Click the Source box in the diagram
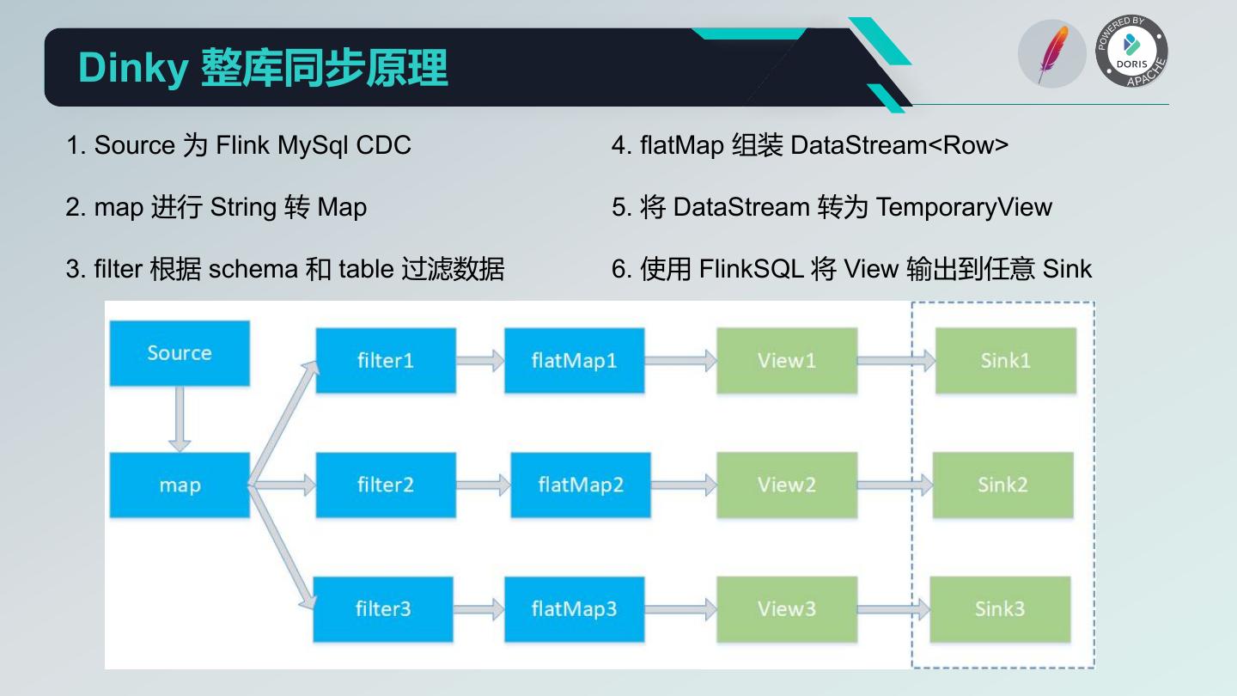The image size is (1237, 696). (180, 353)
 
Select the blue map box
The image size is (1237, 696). (180, 485)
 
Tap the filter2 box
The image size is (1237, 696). (386, 485)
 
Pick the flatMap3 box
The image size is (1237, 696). (574, 609)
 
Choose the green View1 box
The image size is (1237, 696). (787, 361)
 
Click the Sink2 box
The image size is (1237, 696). (1002, 485)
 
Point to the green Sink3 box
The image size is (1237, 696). (1000, 609)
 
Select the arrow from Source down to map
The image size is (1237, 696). (180, 418)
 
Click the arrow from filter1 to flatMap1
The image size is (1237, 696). (480, 361)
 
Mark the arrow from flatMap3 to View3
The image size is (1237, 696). (680, 609)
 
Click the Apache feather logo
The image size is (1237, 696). (1052, 54)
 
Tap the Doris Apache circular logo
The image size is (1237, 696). (1132, 52)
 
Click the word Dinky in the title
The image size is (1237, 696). (133, 68)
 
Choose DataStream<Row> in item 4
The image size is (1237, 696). (899, 145)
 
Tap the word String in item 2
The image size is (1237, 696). (244, 207)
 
